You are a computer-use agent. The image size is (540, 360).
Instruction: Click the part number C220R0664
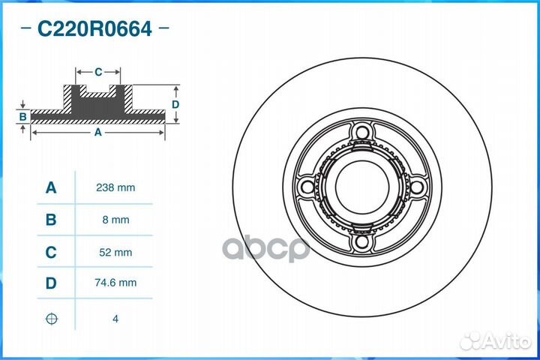(94, 29)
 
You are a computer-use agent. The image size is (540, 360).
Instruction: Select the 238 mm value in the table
(115, 187)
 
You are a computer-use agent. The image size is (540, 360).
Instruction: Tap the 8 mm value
(115, 220)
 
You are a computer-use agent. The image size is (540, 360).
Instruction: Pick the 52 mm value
(115, 253)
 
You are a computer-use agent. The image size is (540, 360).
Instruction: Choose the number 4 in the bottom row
(115, 319)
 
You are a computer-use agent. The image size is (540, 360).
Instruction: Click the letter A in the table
(51, 187)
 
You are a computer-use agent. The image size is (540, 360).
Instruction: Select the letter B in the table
(51, 220)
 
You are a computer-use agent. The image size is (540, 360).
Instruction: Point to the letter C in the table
(51, 253)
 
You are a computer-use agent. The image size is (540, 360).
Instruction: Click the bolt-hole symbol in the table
(51, 319)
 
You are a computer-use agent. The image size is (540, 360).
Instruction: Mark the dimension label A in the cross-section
(97, 132)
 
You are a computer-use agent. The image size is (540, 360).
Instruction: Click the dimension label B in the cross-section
(23, 116)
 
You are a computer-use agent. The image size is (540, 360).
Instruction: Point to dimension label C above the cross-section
(98, 72)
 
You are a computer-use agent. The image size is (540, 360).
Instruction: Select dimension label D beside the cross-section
(175, 104)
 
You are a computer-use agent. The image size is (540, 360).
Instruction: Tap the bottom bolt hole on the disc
(364, 241)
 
